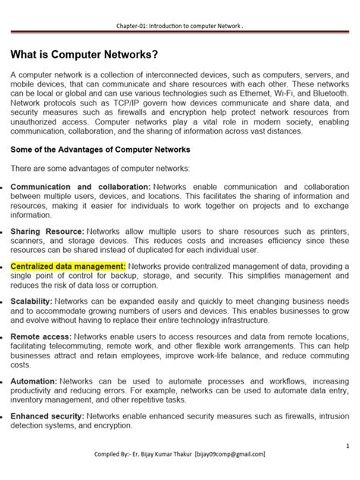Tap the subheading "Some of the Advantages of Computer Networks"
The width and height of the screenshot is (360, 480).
coord(100,149)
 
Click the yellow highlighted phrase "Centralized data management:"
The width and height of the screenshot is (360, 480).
coord(68,267)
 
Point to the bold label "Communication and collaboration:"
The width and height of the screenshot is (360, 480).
coord(81,186)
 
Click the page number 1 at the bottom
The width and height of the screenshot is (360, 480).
coord(346,445)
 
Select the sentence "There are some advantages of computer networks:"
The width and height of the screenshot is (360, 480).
coord(100,168)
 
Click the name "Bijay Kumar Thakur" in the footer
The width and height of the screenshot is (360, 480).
coord(161,454)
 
